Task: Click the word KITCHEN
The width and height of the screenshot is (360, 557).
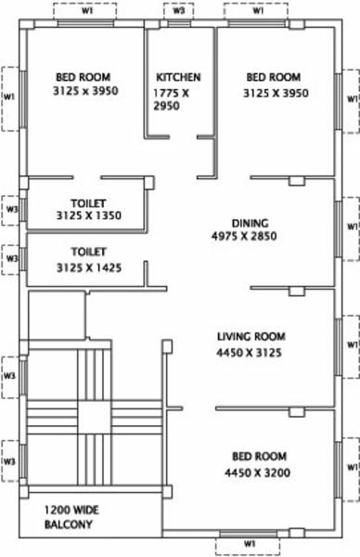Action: (178, 77)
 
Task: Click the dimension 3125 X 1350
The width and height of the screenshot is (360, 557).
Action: (88, 216)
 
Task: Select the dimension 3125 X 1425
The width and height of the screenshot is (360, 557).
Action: (88, 267)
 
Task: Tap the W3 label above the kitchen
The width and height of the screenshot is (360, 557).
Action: (178, 12)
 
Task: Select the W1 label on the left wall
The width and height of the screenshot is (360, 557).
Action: (8, 97)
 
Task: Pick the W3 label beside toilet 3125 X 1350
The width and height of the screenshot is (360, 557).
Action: (11, 210)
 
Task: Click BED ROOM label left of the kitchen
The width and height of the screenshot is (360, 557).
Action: (81, 77)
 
